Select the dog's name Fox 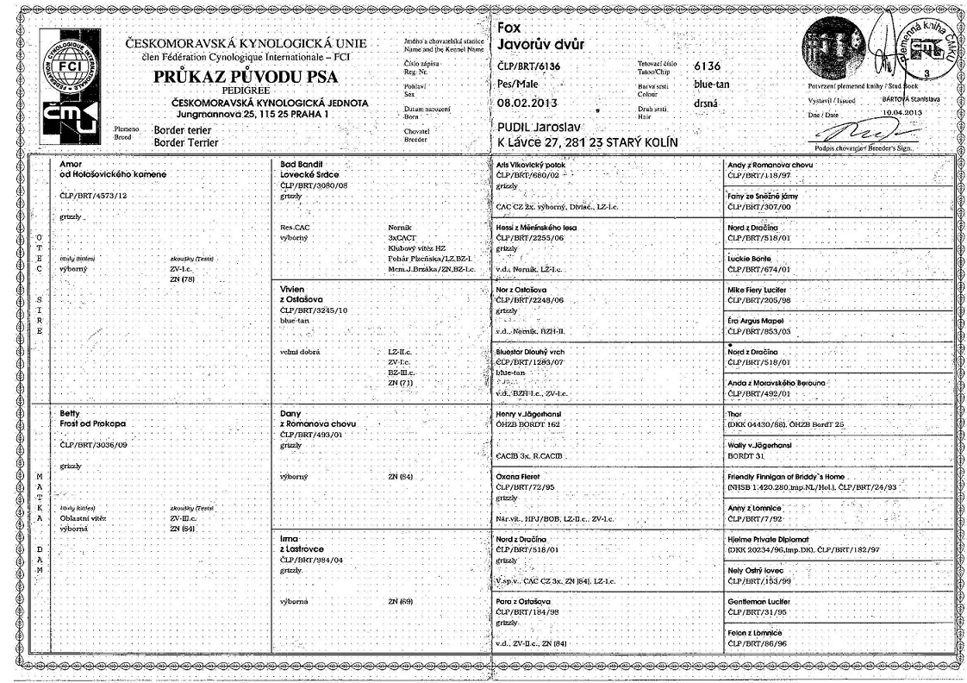click(x=509, y=28)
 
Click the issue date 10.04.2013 click(x=901, y=112)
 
